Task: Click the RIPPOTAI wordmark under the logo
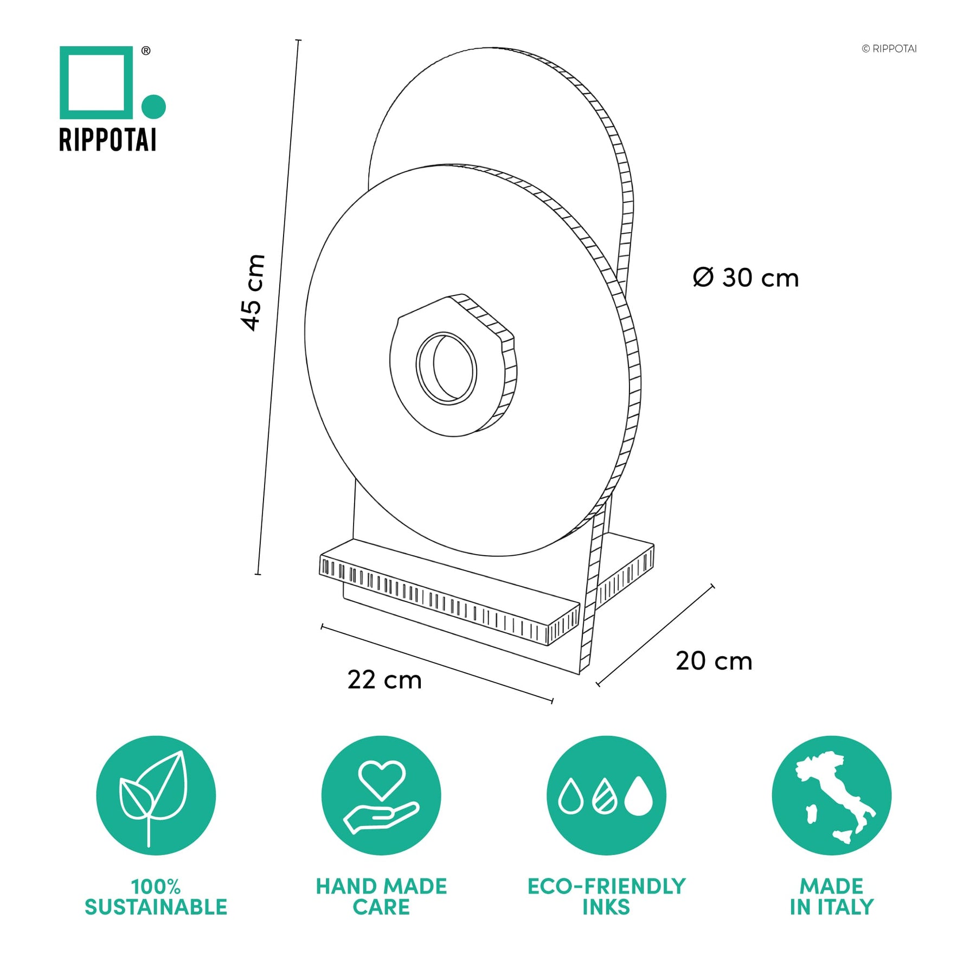108,140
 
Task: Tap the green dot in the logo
153,106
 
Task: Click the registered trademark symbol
146,51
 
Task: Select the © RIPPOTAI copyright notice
889,49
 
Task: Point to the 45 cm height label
253,292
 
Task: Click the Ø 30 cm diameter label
746,278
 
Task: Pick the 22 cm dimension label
384,680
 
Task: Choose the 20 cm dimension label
714,661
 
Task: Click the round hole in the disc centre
446,368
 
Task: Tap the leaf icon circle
156,795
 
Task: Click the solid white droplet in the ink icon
639,796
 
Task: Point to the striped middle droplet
605,797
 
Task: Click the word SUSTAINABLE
156,907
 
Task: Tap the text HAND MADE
382,887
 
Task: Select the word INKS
606,907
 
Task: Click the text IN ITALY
832,907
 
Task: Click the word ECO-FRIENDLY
607,887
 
